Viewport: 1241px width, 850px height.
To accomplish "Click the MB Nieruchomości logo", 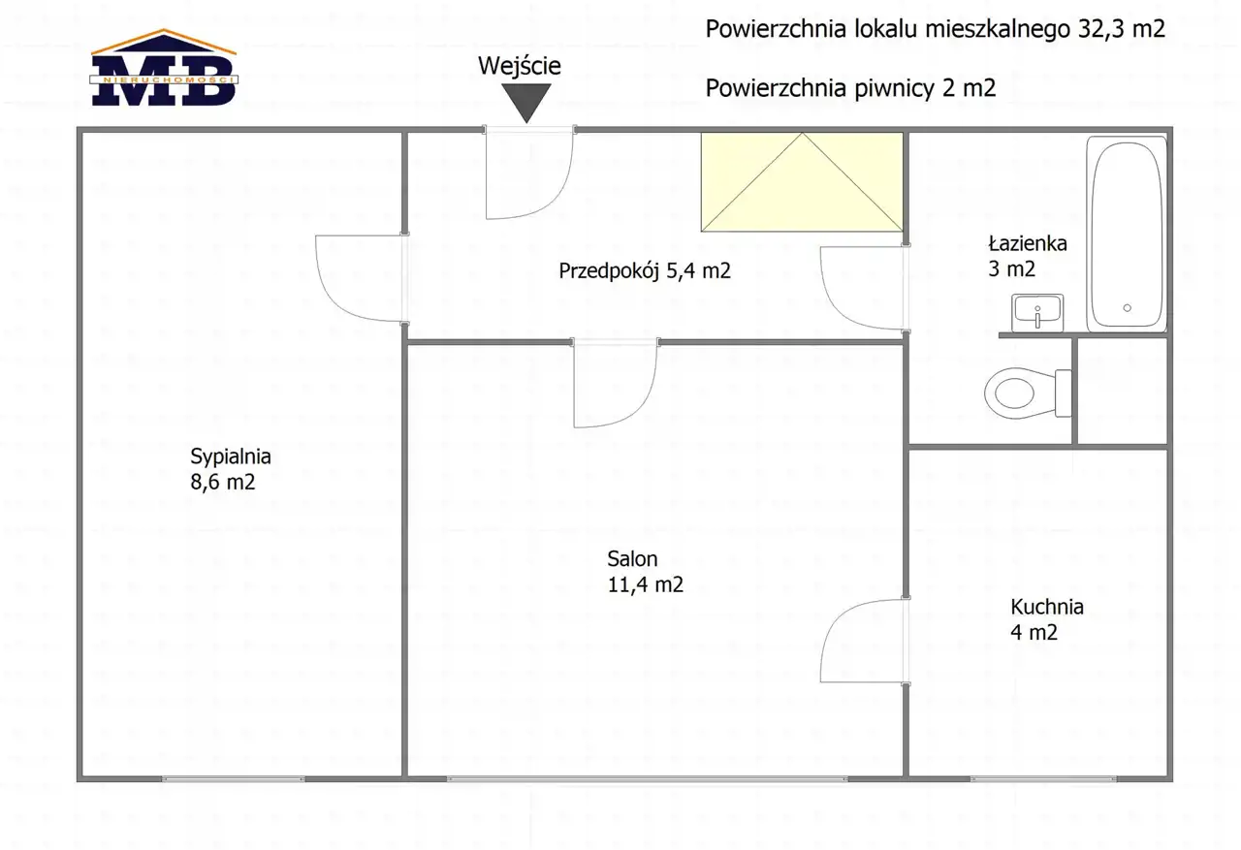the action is [164, 68].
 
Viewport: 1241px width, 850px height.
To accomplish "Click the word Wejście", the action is [520, 67].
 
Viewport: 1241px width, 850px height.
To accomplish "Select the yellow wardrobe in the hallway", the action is [802, 181].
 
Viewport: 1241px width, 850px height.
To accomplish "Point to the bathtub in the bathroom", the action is [1127, 234].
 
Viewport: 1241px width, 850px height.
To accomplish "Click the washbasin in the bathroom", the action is [1037, 313].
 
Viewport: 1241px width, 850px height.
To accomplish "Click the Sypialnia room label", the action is [231, 469].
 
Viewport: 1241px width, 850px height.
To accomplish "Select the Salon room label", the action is [646, 572].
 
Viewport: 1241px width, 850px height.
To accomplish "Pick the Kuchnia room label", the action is [1046, 619].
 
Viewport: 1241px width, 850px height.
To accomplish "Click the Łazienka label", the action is [1028, 256].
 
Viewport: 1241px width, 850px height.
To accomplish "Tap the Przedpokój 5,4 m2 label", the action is [645, 270].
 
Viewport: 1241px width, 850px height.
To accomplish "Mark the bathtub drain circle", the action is [1127, 308].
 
